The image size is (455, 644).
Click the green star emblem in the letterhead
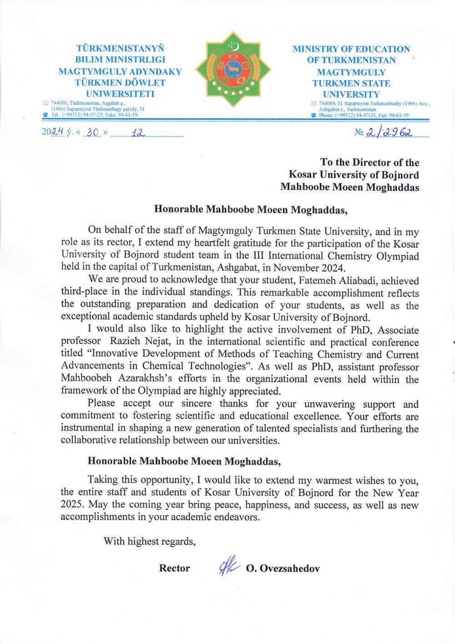click(x=233, y=69)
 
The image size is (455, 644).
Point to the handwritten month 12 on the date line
click(x=137, y=133)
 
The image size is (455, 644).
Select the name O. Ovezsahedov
click(x=283, y=568)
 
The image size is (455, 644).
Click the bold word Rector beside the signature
click(x=174, y=568)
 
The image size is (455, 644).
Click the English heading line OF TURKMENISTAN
click(x=351, y=60)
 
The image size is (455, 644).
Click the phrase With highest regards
click(x=149, y=542)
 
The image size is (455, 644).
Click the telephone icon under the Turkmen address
click(x=45, y=115)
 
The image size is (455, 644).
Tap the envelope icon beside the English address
click(x=313, y=104)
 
